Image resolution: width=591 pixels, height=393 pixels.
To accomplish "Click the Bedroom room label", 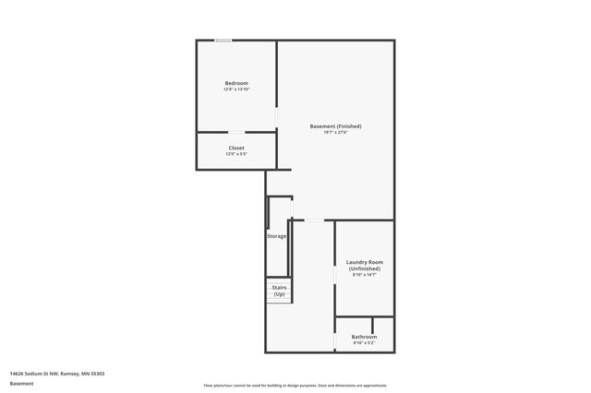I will [236, 83].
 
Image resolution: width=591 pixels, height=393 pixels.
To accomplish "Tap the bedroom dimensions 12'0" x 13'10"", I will [236, 89].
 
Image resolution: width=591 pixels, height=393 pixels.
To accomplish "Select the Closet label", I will [236, 148].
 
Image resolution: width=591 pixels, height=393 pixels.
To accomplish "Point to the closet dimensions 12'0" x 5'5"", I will [236, 154].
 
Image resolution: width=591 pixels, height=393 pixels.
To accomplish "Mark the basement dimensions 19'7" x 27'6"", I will [336, 133].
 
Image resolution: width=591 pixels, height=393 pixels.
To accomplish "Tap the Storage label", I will [277, 236].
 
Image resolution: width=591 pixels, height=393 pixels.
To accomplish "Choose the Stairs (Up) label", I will [279, 291].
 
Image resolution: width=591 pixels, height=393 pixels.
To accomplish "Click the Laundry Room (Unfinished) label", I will [364, 265].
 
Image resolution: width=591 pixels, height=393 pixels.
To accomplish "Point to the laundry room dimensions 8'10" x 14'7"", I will [364, 275].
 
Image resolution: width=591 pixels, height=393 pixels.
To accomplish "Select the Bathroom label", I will [364, 337].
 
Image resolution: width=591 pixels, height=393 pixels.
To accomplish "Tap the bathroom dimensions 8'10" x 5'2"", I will [364, 343].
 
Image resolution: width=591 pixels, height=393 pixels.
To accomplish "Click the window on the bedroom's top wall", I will [223, 41].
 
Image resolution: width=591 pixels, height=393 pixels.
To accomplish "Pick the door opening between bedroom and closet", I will [236, 133].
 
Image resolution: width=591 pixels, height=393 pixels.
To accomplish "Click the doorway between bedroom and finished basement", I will [278, 117].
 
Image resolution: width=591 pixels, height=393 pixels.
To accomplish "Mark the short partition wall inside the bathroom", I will [372, 325].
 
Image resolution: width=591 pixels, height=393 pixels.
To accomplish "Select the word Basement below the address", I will [21, 383].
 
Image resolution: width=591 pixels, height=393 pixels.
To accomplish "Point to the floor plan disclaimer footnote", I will [295, 385].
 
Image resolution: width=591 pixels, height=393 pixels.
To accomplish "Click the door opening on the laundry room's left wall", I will [334, 277].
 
